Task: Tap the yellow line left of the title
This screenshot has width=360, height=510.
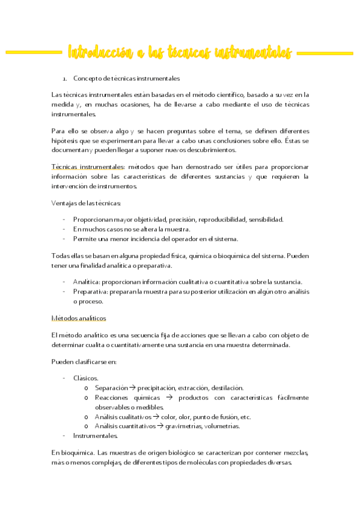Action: pyautogui.click(x=33, y=53)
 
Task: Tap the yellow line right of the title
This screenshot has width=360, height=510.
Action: pyautogui.click(x=325, y=53)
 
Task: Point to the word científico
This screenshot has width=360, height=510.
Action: pyautogui.click(x=227, y=94)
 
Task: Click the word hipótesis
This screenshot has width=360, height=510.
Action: pyautogui.click(x=67, y=140)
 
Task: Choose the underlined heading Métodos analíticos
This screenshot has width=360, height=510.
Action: pyautogui.click(x=79, y=318)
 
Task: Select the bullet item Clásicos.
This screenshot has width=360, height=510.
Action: pyautogui.click(x=86, y=378)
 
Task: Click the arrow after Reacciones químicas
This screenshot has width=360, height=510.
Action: pyautogui.click(x=169, y=398)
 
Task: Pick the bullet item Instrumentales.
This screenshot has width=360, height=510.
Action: pyautogui.click(x=96, y=435)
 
